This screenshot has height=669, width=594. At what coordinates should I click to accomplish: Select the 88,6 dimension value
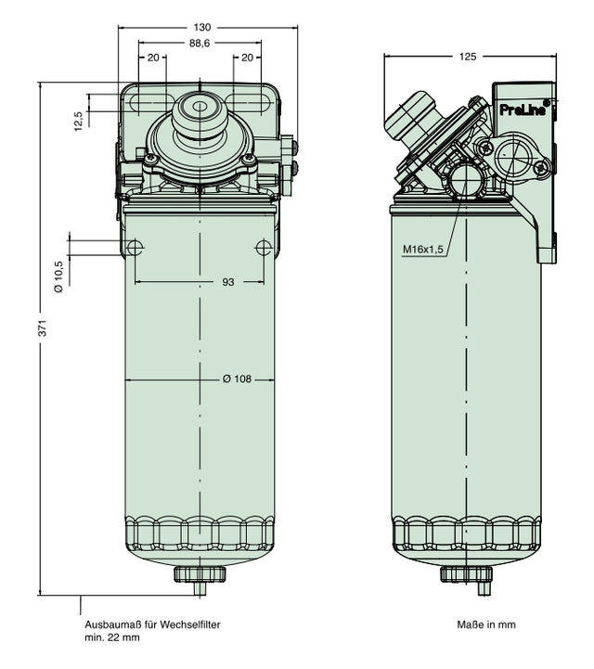point(200,43)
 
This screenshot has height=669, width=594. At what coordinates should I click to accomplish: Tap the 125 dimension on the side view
point(468,57)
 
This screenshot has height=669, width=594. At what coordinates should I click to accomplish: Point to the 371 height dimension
point(41,328)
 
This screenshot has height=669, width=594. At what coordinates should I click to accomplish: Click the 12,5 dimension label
point(79,120)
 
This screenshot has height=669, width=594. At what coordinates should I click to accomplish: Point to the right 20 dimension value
point(247,58)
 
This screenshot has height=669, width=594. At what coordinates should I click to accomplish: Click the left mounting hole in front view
point(136,248)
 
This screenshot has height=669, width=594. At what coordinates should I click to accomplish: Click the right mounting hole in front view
point(264,248)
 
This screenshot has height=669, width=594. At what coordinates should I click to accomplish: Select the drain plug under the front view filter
point(200,574)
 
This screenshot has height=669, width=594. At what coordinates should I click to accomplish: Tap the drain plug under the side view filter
point(465,575)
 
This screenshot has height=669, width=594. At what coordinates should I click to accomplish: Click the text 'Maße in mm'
point(485,624)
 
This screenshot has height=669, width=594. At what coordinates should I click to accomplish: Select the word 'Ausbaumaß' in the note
point(110,624)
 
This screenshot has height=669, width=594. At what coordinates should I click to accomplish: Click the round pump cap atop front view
point(200,109)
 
